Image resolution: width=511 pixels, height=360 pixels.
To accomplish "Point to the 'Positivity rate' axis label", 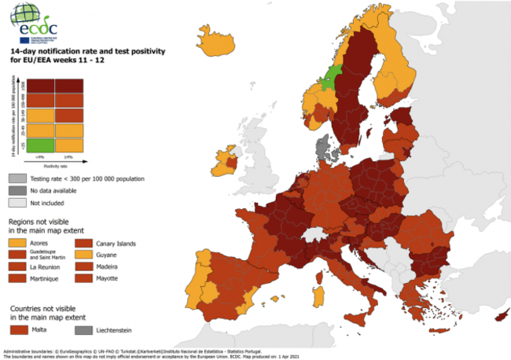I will click(55, 166).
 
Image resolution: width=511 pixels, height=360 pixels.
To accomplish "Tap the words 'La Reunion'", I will click(46, 267).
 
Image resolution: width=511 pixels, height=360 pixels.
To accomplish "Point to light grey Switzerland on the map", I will click(318, 234).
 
